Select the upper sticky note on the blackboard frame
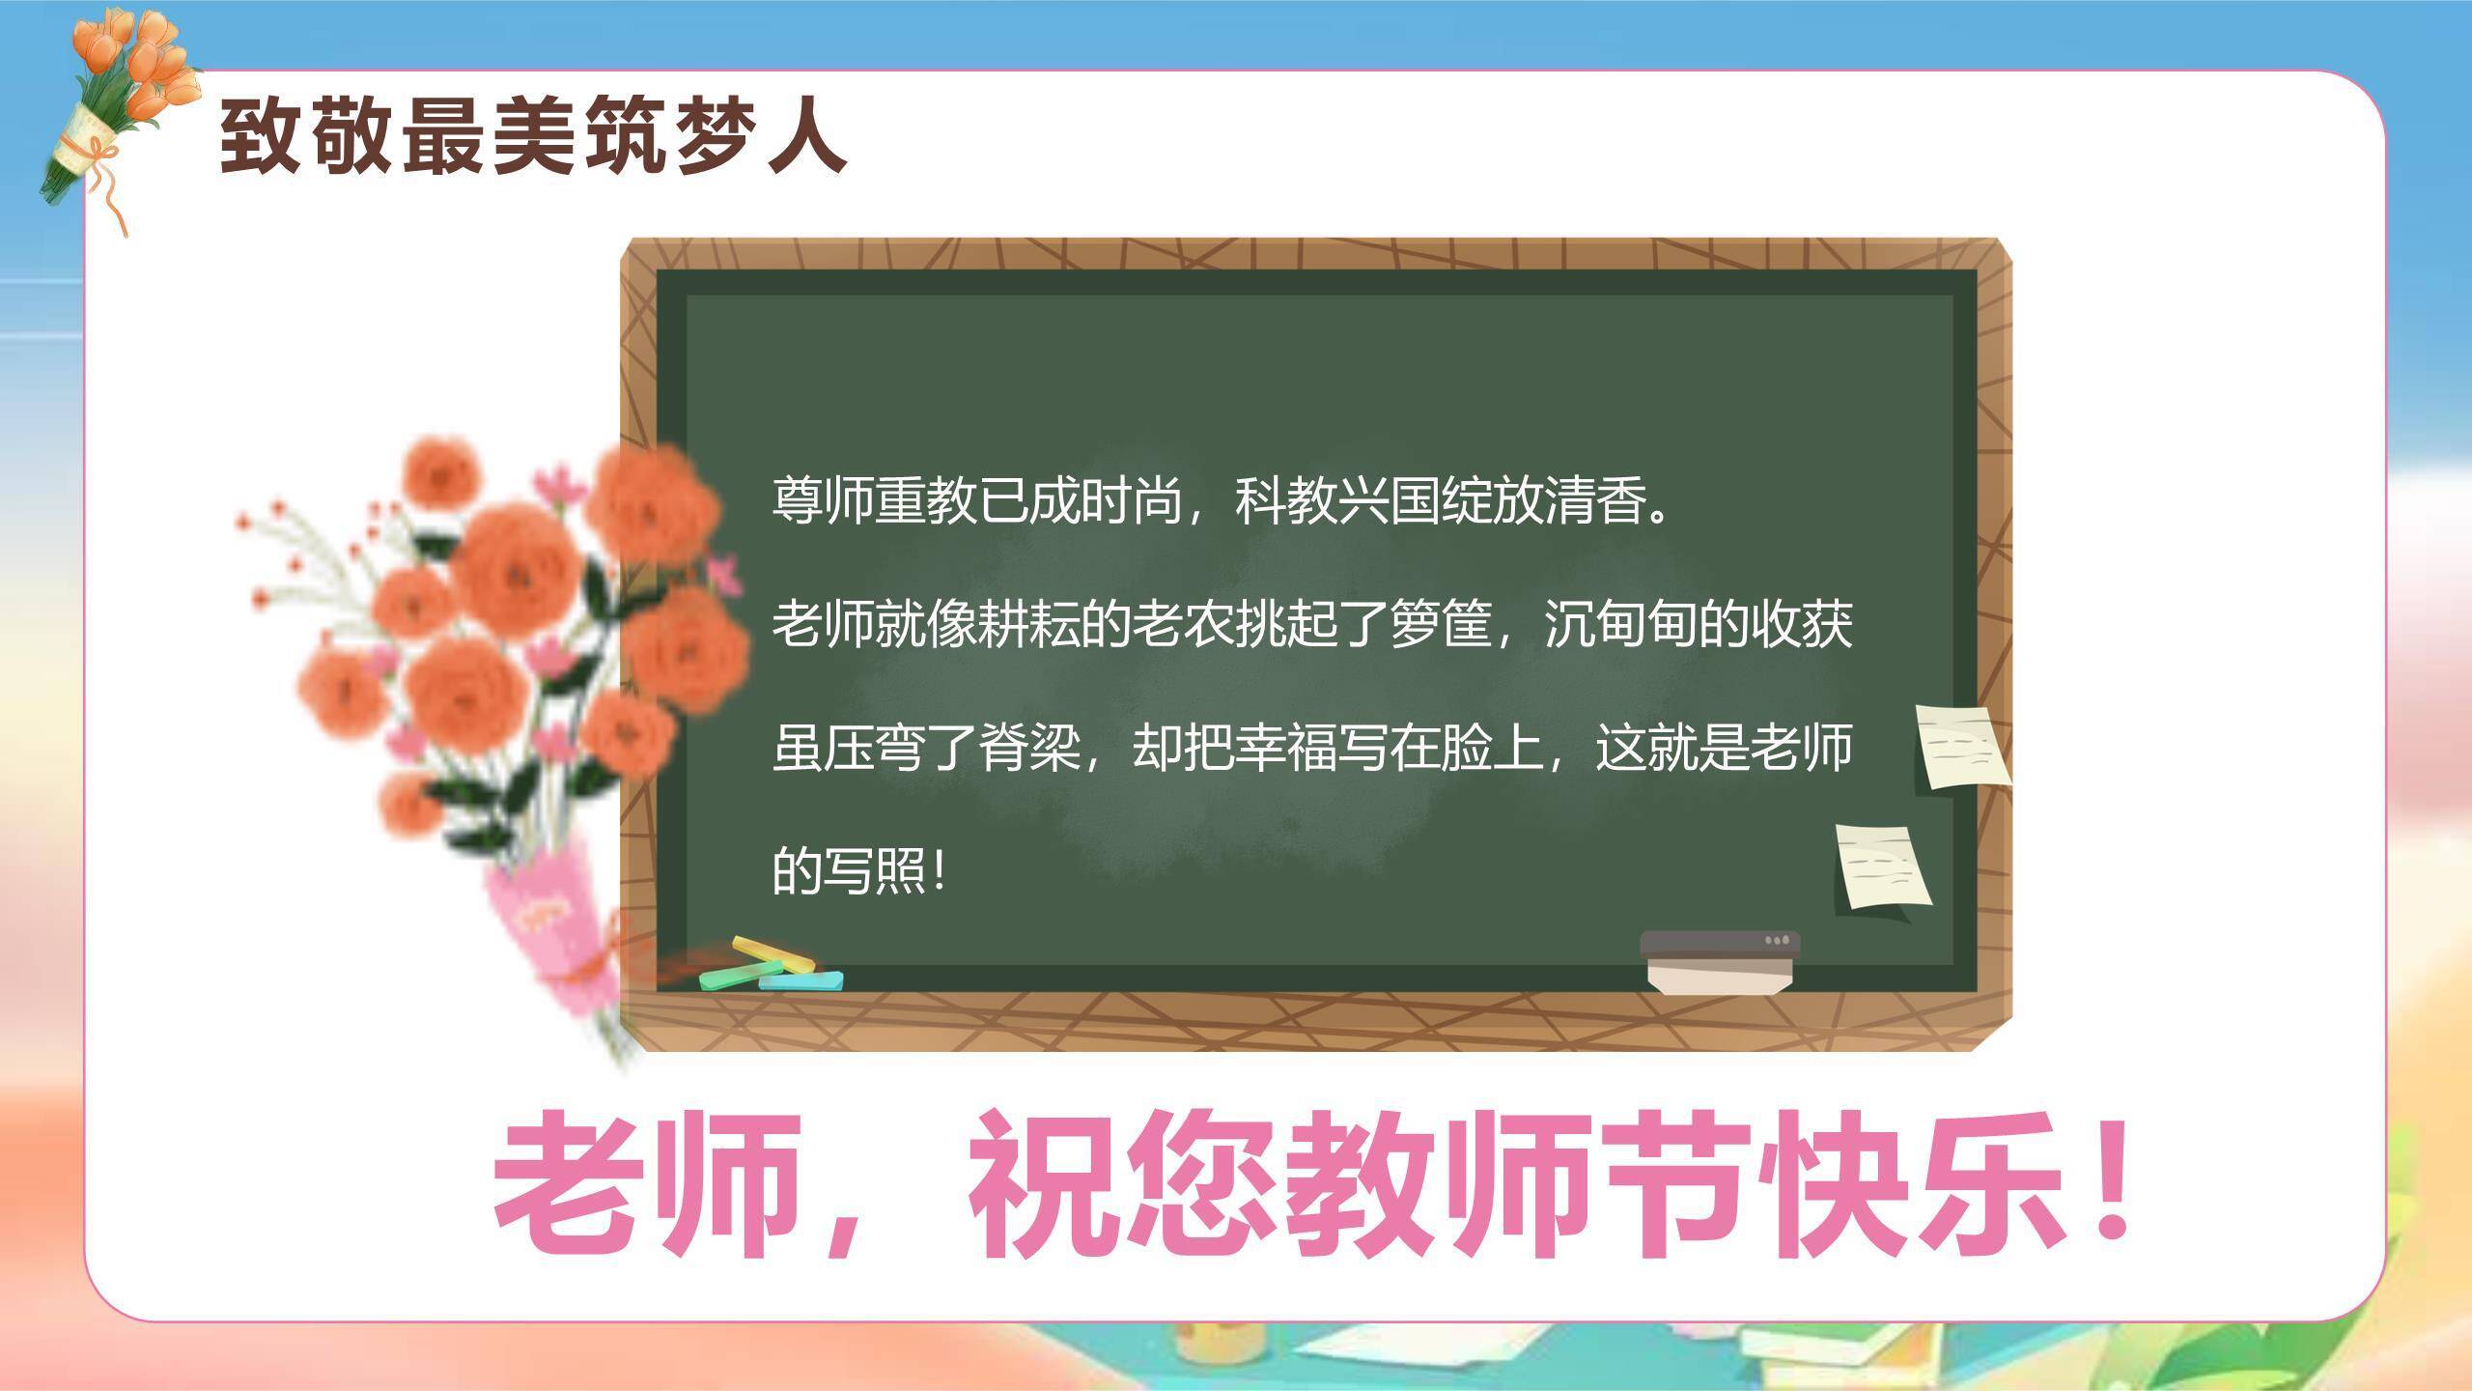[1960, 747]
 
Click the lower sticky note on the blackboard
[1882, 866]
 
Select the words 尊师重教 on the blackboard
[875, 501]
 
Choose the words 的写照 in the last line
[850, 870]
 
